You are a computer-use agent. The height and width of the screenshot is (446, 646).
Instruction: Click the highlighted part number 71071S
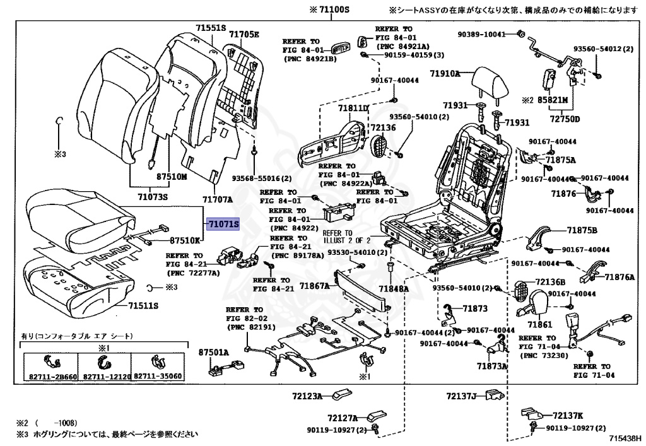[225, 223]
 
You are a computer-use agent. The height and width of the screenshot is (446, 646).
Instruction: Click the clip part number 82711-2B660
[50, 377]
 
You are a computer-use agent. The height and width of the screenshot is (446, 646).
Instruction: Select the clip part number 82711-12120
[104, 377]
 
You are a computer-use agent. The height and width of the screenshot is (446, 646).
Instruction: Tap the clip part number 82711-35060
[158, 377]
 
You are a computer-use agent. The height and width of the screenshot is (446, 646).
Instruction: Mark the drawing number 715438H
[625, 437]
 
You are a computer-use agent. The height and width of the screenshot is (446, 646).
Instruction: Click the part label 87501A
[213, 352]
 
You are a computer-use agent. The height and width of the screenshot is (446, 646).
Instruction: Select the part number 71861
[539, 324]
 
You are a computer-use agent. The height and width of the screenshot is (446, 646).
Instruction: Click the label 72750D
[565, 118]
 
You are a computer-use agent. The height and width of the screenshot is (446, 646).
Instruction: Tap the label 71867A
[314, 286]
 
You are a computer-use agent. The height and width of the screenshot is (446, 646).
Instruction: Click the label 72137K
[568, 416]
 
